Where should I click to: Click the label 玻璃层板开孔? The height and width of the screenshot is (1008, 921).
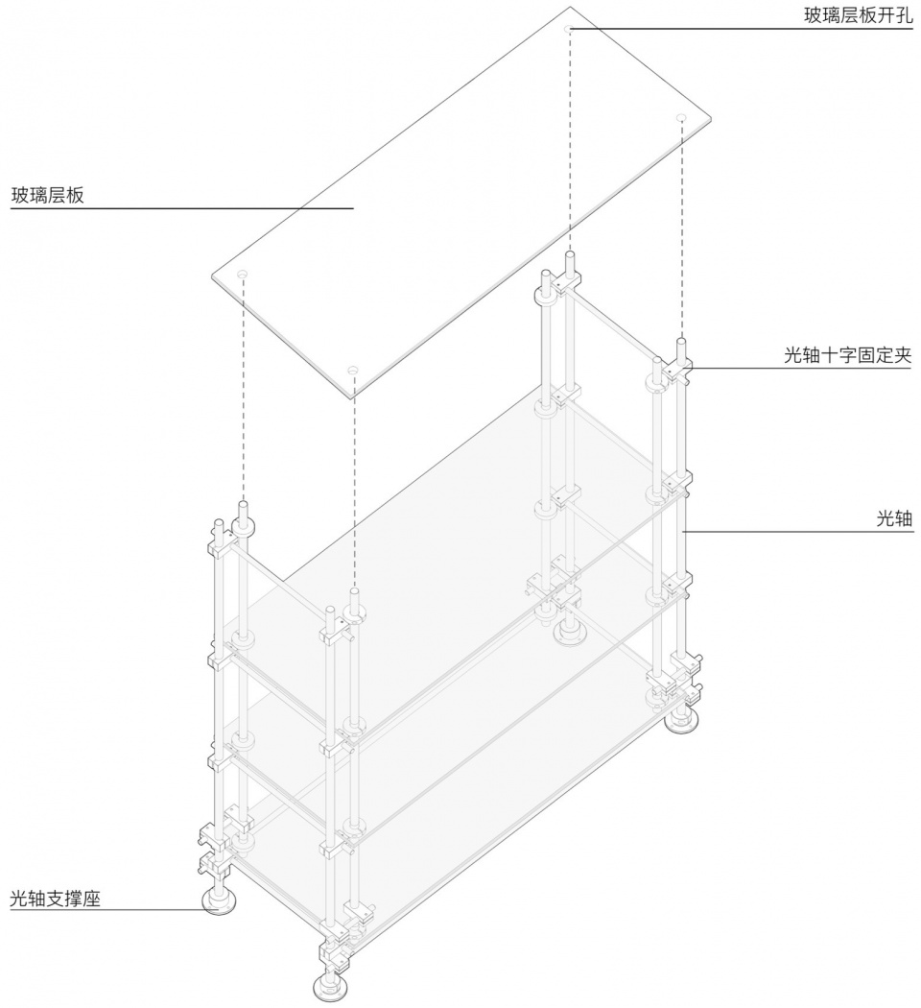tap(858, 14)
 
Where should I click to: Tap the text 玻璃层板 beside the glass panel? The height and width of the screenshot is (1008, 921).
tap(48, 195)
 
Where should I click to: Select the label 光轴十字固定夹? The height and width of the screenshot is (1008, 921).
tap(848, 354)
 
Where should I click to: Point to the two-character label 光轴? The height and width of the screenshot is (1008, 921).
tap(895, 518)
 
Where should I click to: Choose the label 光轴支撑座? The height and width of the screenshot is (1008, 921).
tap(56, 898)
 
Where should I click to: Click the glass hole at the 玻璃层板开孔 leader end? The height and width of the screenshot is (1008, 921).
tap(568, 29)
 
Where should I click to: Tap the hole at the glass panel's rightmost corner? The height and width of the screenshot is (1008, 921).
tap(681, 118)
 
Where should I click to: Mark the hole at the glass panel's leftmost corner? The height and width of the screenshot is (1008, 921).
tap(242, 275)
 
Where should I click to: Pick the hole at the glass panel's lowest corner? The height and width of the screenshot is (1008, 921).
tap(352, 371)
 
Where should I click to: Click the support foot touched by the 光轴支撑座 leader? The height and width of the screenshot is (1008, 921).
tap(219, 901)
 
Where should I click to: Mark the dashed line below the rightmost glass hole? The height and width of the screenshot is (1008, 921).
tap(681, 229)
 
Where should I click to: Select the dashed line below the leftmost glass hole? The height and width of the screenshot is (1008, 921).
tap(243, 390)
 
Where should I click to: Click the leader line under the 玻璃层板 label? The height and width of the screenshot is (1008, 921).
tap(181, 208)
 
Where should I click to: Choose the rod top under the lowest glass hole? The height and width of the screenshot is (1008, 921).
tap(353, 593)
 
